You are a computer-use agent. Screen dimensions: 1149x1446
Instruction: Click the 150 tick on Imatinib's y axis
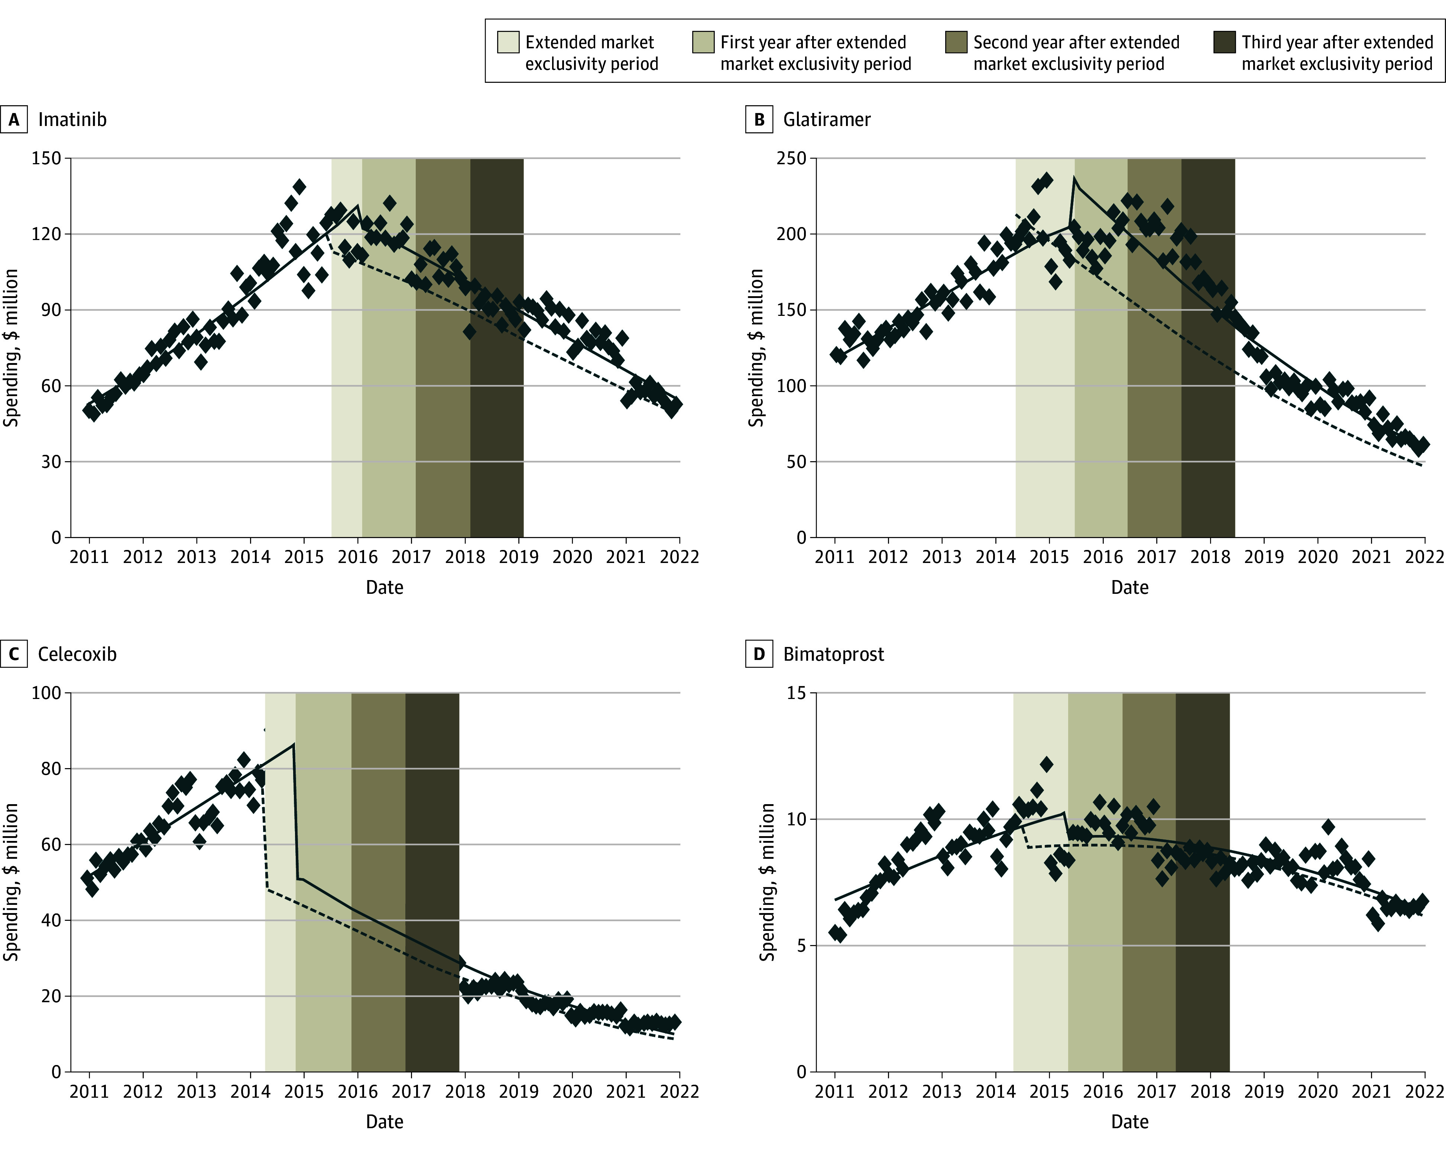pos(46,158)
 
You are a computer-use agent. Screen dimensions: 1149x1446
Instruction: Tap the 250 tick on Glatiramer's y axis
pos(791,158)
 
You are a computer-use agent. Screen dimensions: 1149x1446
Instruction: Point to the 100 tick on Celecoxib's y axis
pos(46,693)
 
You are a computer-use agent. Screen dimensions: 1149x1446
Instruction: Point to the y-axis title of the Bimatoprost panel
pos(766,882)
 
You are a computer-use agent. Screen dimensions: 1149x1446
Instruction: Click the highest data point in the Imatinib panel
pos(299,187)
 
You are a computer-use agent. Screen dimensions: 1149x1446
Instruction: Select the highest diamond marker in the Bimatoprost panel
pos(1046,764)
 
